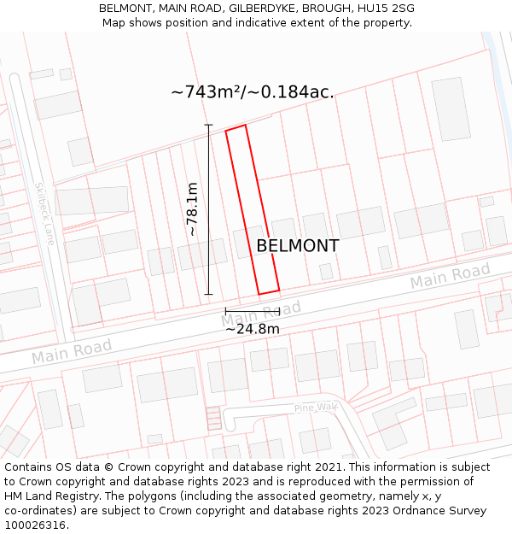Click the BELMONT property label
(x=297, y=246)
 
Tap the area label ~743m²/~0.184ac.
(x=253, y=92)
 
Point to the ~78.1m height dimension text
(x=192, y=209)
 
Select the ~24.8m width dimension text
(x=253, y=328)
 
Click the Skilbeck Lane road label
(x=44, y=214)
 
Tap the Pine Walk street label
(x=316, y=408)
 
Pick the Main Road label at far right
(x=450, y=276)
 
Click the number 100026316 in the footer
(x=36, y=525)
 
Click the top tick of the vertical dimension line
(x=208, y=126)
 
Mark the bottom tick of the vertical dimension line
(x=208, y=295)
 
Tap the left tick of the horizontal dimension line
(x=225, y=312)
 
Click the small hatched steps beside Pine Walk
(x=213, y=418)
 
